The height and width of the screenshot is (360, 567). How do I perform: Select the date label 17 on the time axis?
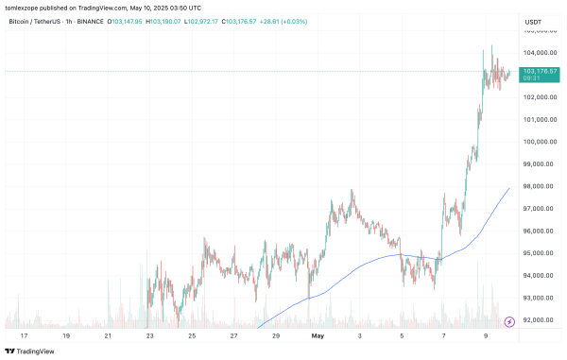(24, 335)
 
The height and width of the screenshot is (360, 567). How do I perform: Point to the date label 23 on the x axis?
(150, 335)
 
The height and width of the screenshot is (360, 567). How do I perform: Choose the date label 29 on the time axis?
(275, 335)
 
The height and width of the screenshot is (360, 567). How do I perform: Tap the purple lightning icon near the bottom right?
(513, 321)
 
